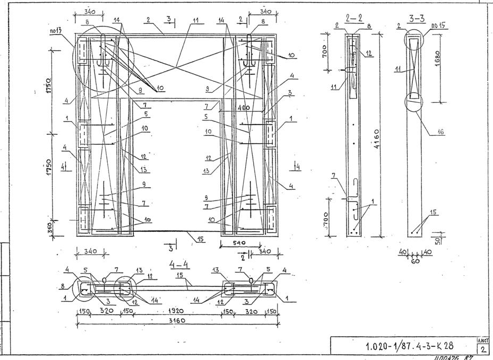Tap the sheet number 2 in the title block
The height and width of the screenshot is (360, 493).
483,349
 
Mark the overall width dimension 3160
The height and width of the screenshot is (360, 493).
179,321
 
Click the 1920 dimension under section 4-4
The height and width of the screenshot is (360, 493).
176,312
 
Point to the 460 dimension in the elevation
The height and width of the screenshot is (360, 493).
244,108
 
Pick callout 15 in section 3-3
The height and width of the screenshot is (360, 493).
434,212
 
